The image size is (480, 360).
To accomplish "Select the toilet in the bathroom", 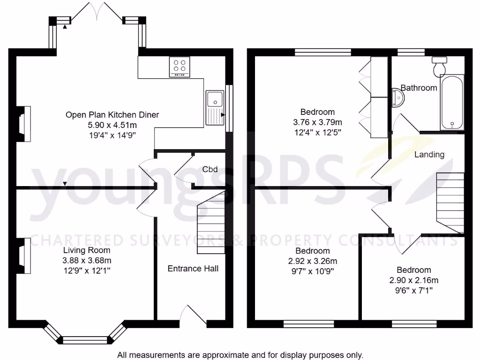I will [x=440, y=67].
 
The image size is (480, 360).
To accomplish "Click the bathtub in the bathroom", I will [x=452, y=102].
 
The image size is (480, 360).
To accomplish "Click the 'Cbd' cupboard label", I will [x=210, y=169].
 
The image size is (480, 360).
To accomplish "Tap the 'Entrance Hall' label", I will [x=193, y=269].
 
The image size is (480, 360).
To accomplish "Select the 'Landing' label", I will [x=429, y=154].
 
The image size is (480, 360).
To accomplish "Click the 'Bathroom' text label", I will [x=419, y=88].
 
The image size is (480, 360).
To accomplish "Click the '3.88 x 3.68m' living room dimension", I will [x=87, y=261].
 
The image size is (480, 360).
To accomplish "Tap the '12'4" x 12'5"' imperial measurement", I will [x=317, y=132].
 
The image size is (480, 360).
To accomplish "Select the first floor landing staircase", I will [x=450, y=202].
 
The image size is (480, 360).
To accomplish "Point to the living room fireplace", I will [x=24, y=256].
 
